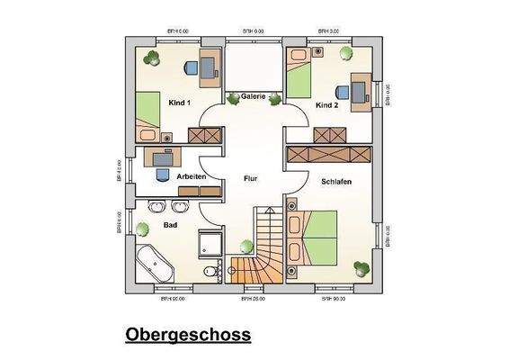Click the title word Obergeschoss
click(188, 335)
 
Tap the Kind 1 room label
click(180, 103)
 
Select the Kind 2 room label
click(326, 105)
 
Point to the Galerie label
click(254, 97)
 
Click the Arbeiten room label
click(192, 176)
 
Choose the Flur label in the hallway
click(251, 179)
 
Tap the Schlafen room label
click(335, 182)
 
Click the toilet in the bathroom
click(210, 271)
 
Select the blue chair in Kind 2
click(343, 91)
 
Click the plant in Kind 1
click(150, 57)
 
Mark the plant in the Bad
click(246, 245)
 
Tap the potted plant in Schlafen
click(362, 266)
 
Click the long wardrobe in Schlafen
click(327, 154)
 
